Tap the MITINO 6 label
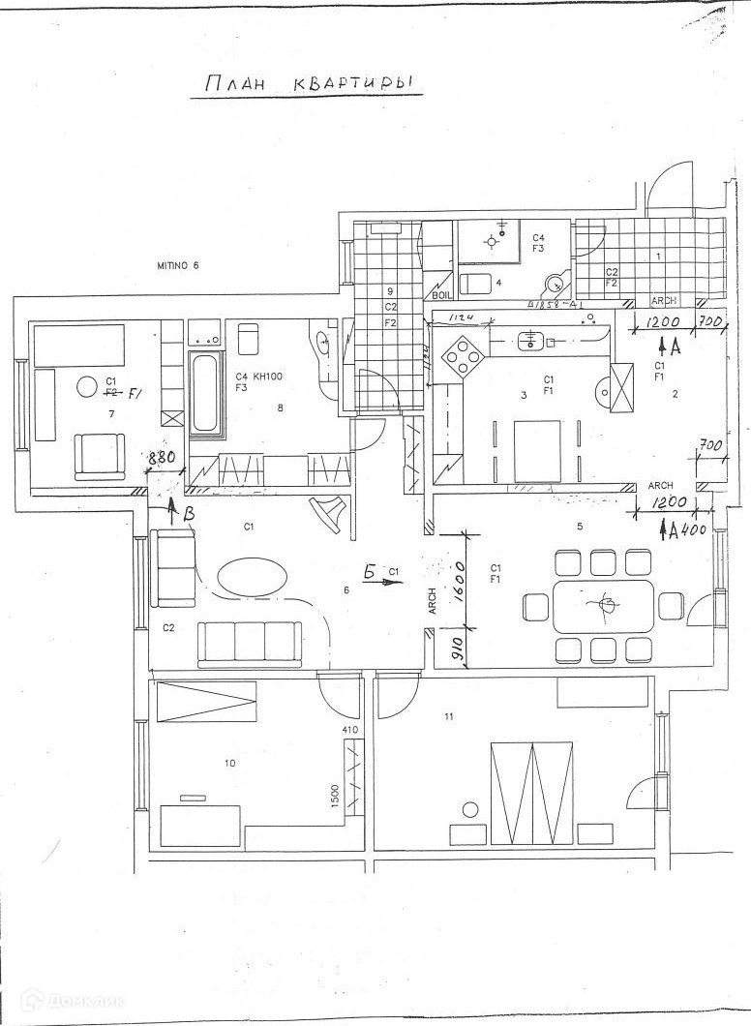(178, 265)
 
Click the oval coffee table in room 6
(252, 579)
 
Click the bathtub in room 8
(203, 396)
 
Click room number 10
(230, 763)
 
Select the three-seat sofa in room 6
(249, 641)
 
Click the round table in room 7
(85, 386)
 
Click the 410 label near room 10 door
(350, 730)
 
